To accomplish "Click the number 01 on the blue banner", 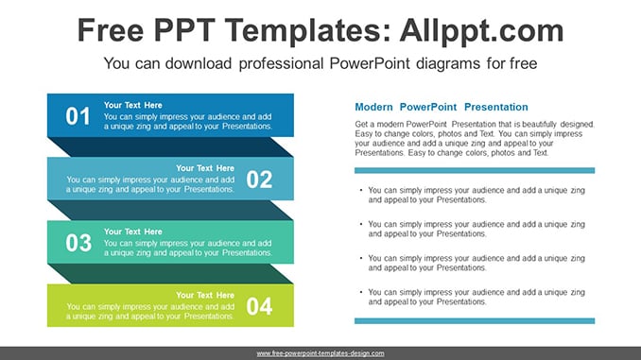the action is pyautogui.click(x=78, y=116).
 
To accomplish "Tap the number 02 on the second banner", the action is pyautogui.click(x=259, y=180).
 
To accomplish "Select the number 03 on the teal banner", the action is pyautogui.click(x=78, y=243).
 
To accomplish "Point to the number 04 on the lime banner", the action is pyautogui.click(x=259, y=306).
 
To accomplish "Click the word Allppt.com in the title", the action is pyautogui.click(x=481, y=30).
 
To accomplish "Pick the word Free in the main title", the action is pyautogui.click(x=111, y=30).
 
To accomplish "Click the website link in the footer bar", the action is pyautogui.click(x=320, y=353).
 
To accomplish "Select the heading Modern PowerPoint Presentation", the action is pyautogui.click(x=442, y=107).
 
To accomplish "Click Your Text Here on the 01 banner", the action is pyautogui.click(x=133, y=105).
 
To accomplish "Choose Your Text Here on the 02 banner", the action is pyautogui.click(x=205, y=168).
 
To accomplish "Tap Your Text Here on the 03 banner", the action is pyautogui.click(x=133, y=231).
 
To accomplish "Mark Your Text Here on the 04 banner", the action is pyautogui.click(x=205, y=295).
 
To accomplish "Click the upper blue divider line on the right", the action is pyautogui.click(x=475, y=170).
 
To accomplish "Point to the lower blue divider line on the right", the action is pyautogui.click(x=475, y=321).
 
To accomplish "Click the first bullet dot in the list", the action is pyautogui.click(x=361, y=190).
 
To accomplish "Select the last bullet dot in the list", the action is pyautogui.click(x=361, y=292).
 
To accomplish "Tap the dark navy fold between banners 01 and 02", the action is pyautogui.click(x=170, y=147).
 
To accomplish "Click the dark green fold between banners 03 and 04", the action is pyautogui.click(x=170, y=274).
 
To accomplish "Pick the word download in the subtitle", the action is pyautogui.click(x=199, y=63).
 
